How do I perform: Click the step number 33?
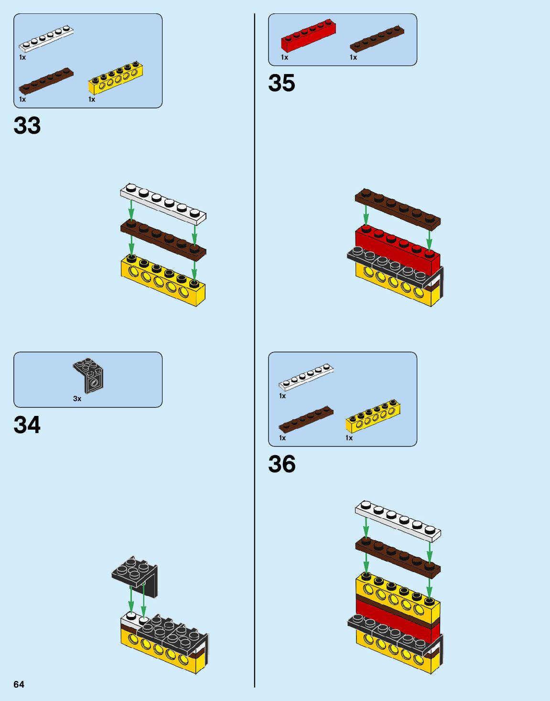[x=27, y=126]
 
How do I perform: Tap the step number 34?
[x=27, y=425]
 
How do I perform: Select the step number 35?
[x=281, y=83]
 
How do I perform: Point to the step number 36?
[x=282, y=464]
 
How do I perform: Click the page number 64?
[x=19, y=684]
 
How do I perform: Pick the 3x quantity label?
[x=77, y=399]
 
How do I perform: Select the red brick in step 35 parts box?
[x=308, y=36]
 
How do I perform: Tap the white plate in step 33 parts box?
[x=46, y=38]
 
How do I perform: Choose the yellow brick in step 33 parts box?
[x=116, y=78]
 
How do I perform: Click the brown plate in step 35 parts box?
[x=377, y=39]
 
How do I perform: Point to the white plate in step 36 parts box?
[x=306, y=377]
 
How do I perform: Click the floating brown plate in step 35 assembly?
[x=398, y=208]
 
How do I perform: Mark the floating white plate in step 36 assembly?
[x=398, y=521]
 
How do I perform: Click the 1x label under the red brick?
[x=284, y=57]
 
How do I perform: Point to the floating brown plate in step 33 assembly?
[x=163, y=239]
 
